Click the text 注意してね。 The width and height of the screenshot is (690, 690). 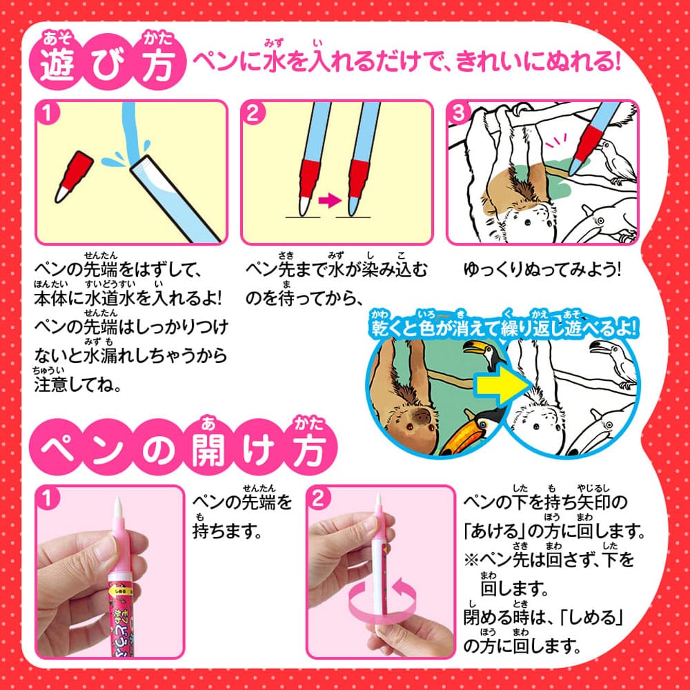pos(79,384)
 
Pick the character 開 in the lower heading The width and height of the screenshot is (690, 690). pos(210,451)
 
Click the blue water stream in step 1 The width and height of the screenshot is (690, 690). pos(128,135)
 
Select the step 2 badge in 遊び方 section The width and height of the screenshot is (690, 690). pos(253,114)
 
